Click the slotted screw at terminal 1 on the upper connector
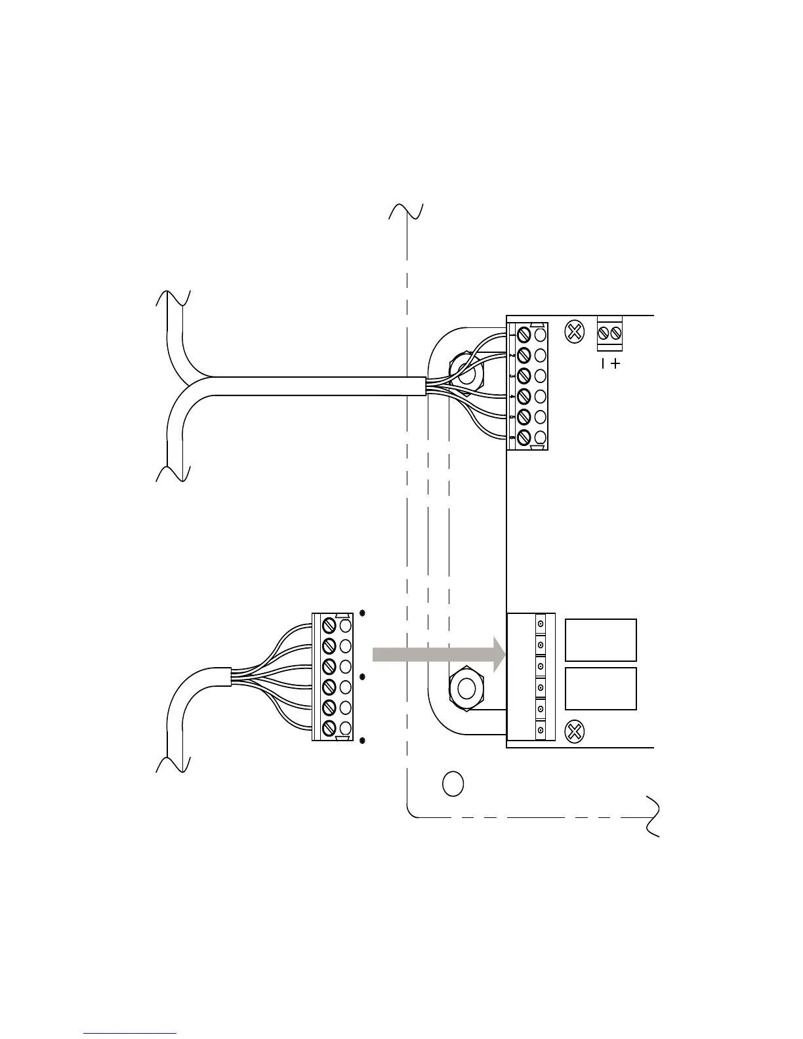524,335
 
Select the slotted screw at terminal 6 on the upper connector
524,437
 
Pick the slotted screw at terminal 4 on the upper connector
524,396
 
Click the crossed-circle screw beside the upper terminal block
575,332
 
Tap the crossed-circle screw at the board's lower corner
575,731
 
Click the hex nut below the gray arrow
466,689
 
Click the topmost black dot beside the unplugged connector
362,613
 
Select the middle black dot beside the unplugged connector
362,676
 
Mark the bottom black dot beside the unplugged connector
362,741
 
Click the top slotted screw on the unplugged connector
329,626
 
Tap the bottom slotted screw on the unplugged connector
329,727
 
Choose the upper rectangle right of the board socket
600,640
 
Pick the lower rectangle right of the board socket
600,689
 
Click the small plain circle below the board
453,783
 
